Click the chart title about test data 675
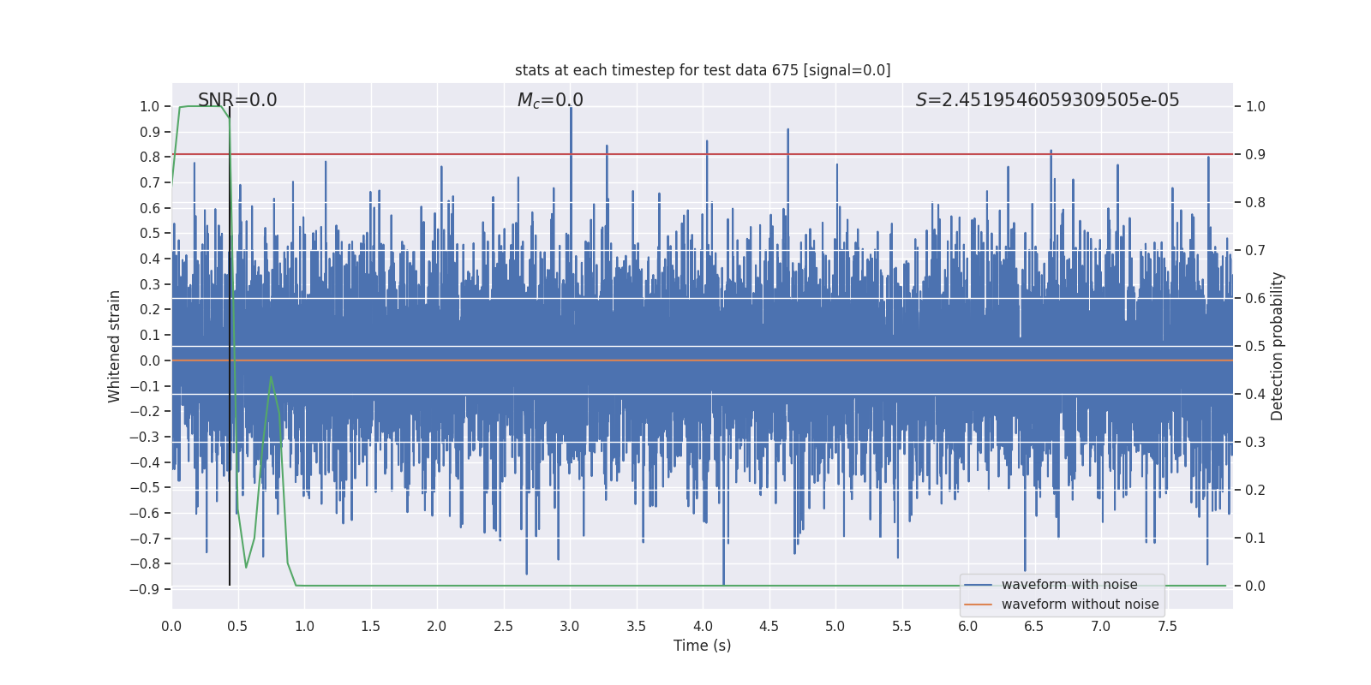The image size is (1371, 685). click(703, 70)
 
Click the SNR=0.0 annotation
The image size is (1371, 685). click(237, 100)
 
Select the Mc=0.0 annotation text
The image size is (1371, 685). click(550, 100)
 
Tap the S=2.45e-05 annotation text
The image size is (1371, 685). click(1047, 100)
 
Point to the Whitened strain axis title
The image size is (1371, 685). click(115, 346)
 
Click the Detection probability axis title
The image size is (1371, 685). click(1278, 346)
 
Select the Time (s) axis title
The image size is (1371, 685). click(702, 646)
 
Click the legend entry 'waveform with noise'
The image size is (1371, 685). click(1069, 585)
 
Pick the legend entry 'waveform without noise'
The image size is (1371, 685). click(1080, 605)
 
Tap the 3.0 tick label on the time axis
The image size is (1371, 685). click(570, 627)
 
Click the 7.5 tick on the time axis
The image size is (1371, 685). click(1167, 627)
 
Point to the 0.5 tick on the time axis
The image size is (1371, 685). click(238, 627)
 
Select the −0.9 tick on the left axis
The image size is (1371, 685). click(145, 589)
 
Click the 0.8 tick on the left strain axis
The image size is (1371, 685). click(150, 157)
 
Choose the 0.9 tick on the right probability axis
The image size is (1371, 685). click(1255, 155)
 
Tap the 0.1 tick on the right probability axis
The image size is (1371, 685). click(1255, 539)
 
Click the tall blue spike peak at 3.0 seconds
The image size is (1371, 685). click(571, 109)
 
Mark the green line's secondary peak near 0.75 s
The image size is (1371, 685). click(271, 377)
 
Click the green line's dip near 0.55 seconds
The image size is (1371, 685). click(246, 567)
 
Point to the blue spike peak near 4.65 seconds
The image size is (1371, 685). click(787, 130)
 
